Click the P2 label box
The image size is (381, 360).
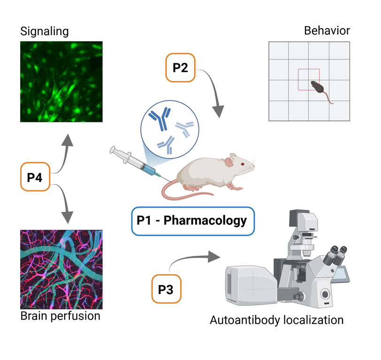pyautogui.click(x=180, y=68)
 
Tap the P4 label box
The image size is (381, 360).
pyautogui.click(x=36, y=177)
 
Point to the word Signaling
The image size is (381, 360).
pyautogui.click(x=44, y=32)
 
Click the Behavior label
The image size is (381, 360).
pyautogui.click(x=327, y=31)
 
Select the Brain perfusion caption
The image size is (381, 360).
pyautogui.click(x=61, y=316)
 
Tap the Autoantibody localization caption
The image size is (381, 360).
pyautogui.click(x=276, y=321)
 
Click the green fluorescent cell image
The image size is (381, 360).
pyautogui.click(x=61, y=82)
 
